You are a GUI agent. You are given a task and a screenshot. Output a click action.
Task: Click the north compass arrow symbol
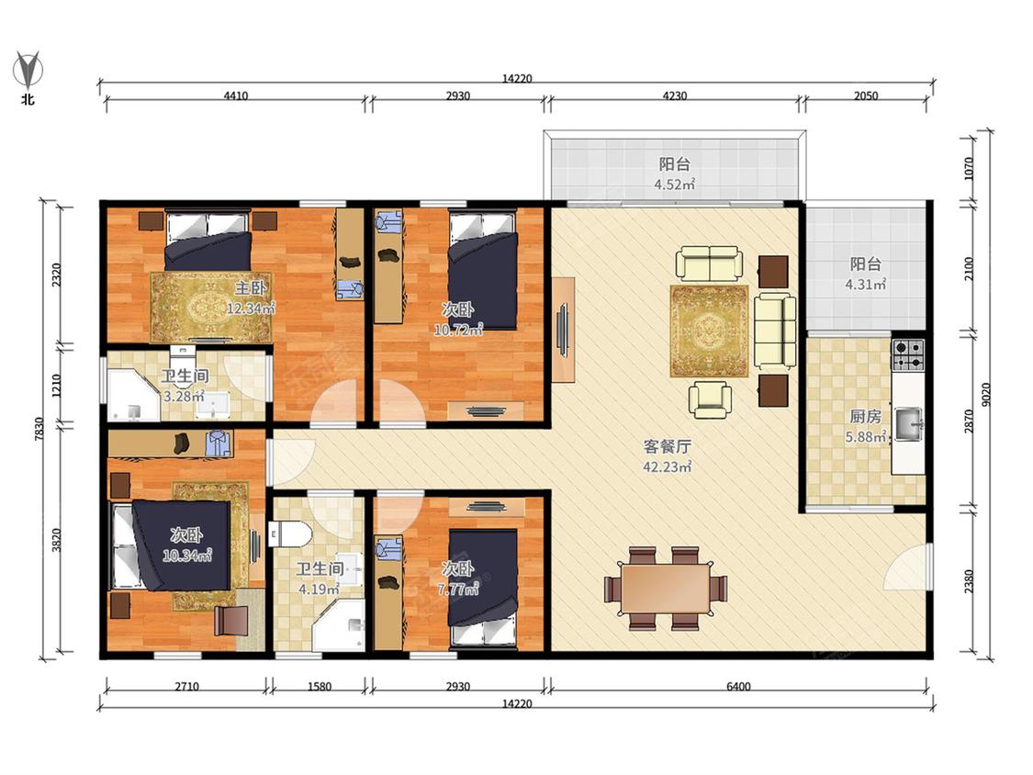(x=28, y=70)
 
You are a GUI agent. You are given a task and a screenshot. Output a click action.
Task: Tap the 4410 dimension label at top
(x=235, y=96)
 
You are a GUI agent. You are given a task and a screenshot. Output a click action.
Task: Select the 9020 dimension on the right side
(x=985, y=396)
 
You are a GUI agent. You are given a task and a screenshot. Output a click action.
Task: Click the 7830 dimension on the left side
(x=39, y=429)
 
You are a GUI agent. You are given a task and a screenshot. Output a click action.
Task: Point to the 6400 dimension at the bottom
(x=738, y=687)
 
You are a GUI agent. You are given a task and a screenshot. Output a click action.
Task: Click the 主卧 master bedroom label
(x=251, y=288)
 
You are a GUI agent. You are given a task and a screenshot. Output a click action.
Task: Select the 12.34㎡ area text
(x=251, y=308)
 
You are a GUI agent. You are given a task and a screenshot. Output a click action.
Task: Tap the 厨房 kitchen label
(x=865, y=417)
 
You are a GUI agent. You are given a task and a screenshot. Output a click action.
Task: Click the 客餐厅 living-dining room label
(x=667, y=447)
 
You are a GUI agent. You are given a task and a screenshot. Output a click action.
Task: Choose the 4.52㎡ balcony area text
(x=674, y=185)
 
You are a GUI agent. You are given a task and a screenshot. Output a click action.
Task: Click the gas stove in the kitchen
(x=908, y=355)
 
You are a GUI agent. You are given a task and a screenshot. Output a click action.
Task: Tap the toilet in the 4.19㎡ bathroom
(x=289, y=534)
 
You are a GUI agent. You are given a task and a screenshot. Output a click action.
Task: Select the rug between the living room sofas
(x=710, y=331)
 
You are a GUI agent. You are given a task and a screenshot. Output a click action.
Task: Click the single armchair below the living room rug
(x=710, y=399)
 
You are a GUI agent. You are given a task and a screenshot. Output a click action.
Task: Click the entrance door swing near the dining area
(x=906, y=566)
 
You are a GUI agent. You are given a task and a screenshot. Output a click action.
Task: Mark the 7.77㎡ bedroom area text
(x=458, y=589)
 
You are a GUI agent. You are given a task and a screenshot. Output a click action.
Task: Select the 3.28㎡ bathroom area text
(x=184, y=397)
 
